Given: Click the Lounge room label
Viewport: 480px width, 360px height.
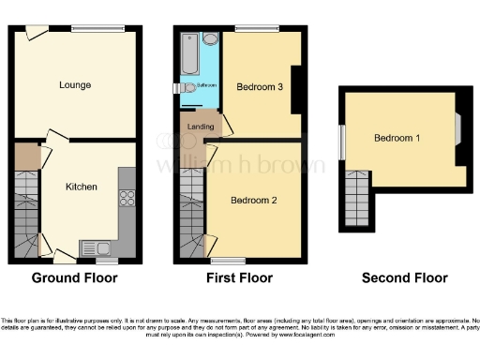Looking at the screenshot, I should pos(75,85).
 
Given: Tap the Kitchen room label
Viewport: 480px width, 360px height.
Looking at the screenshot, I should pos(81,187).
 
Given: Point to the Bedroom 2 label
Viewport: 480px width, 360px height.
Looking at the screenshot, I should pos(254,200).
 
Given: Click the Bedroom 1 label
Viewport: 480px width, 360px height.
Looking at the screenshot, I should pos(397,139).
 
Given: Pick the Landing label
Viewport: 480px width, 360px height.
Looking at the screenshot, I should pos(200,127).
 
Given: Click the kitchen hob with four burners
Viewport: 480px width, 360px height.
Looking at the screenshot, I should pos(127,199).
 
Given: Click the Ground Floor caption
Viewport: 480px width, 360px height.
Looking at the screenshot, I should pos(75,278).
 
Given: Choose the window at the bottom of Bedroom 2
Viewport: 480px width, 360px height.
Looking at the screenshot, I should pos(223,259).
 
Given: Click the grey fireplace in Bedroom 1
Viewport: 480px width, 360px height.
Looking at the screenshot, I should pos(459,127).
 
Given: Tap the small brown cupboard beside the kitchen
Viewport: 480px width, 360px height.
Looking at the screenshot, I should pos(26,157).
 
